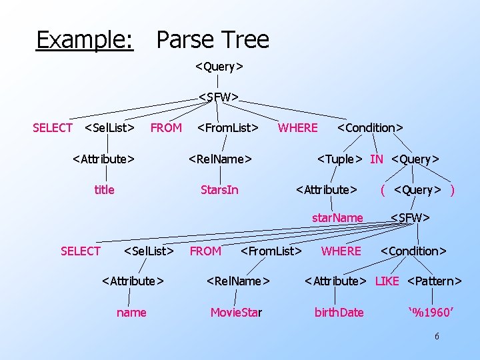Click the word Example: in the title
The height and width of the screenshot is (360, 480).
[x=84, y=40]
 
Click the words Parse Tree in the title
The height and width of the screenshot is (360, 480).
[x=213, y=40]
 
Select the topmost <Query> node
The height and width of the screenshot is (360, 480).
[x=219, y=67]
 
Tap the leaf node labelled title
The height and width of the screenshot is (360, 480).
[x=104, y=190]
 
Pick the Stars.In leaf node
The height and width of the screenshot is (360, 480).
[x=219, y=190]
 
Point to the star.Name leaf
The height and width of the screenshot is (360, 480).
[x=338, y=218]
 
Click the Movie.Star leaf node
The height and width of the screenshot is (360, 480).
[x=236, y=312]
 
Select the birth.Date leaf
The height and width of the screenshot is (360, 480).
[x=339, y=312]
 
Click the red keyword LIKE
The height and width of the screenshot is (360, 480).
[x=387, y=281]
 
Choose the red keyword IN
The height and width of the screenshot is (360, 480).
[x=377, y=159]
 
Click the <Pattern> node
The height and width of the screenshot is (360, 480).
[x=434, y=281]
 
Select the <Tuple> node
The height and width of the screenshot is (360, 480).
[x=340, y=159]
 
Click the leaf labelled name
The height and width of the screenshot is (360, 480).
[x=131, y=312]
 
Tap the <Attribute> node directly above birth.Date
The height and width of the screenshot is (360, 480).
[x=335, y=281]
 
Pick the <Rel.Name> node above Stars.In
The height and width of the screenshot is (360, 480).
[x=220, y=159]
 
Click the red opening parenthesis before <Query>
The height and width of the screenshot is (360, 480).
[x=383, y=190]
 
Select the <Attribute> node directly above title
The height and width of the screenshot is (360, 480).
[x=103, y=159]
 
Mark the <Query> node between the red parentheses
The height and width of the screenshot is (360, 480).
[x=418, y=190]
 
